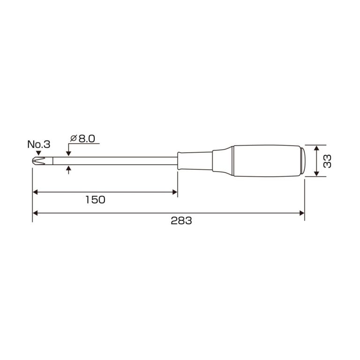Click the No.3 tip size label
38,144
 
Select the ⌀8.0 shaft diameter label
82,139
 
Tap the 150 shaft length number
95,200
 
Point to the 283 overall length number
181,221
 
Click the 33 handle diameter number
327,161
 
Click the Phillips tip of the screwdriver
38,161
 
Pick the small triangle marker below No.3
38,153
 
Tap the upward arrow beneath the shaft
68,170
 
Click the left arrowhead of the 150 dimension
35,192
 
